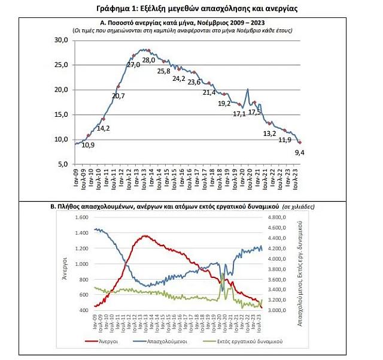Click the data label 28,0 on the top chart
pos(149,60)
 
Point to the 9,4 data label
pos(300,152)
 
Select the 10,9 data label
pos(88,145)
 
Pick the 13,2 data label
pos(270,133)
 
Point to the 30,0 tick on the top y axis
pos(62,40)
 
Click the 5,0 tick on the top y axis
pos(64,164)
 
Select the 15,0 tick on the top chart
pos(62,114)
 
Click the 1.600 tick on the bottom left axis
pos(81,217)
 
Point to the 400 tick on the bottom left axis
pos(84,310)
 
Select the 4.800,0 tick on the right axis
pos(277,217)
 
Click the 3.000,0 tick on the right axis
pos(277,310)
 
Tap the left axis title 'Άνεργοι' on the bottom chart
pos(63,264)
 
